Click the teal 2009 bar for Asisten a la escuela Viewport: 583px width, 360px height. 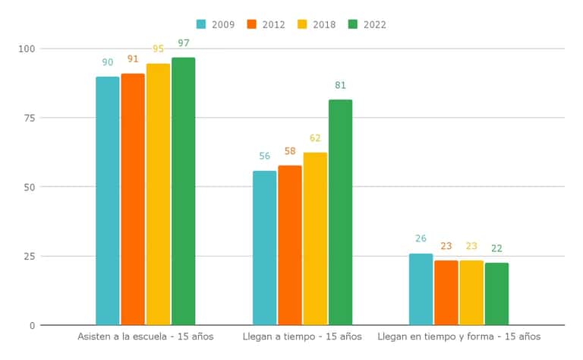(108, 201)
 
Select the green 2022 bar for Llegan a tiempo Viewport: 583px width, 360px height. (340, 213)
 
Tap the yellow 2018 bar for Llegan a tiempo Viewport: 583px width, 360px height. (315, 239)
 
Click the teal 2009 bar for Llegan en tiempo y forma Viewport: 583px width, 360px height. (421, 289)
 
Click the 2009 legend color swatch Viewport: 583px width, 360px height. (202, 24)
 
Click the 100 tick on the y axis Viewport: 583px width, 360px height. (27, 49)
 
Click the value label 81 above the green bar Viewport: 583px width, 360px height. (340, 85)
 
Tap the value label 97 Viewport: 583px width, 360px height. (184, 43)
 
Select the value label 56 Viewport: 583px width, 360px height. (264, 156)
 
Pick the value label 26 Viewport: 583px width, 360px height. (421, 238)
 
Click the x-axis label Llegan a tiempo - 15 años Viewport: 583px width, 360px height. (302, 336)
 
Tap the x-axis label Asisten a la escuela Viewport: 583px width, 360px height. (146, 336)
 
